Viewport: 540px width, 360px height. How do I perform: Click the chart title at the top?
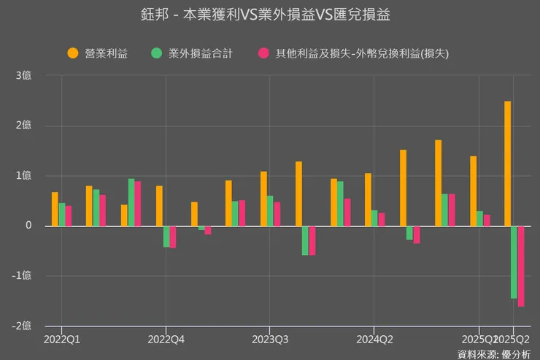tap(269, 15)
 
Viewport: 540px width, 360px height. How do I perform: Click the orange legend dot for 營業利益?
tap(73, 53)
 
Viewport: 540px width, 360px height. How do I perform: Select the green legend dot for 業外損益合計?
tap(156, 53)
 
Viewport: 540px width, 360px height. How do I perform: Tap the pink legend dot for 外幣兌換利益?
tap(263, 53)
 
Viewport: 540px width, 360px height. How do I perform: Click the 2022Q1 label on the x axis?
tap(62, 340)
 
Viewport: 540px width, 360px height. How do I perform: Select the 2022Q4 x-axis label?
tap(166, 340)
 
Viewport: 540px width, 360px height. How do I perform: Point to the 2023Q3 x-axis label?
tap(270, 340)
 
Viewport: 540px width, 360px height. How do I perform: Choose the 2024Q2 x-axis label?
tap(374, 340)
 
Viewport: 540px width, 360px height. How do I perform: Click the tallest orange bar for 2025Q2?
tap(507, 164)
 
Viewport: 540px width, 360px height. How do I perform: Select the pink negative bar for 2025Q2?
tap(521, 266)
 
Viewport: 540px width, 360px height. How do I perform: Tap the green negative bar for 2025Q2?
tap(514, 262)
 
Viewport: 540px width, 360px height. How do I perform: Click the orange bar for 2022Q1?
tap(55, 209)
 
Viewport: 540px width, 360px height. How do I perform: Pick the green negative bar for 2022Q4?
tap(166, 237)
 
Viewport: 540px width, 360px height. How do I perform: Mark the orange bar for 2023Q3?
tap(263, 199)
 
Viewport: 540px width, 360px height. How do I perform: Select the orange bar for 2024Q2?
tap(368, 199)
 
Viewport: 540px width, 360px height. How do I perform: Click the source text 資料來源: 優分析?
tap(494, 354)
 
